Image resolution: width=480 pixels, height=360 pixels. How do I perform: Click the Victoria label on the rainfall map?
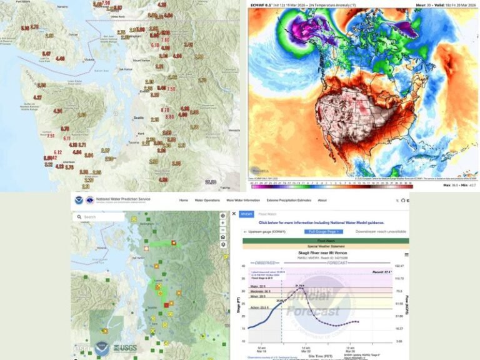click(89, 60)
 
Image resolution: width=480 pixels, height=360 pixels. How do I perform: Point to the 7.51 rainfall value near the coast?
click(51, 136)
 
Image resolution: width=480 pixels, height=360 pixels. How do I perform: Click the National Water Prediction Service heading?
click(122, 199)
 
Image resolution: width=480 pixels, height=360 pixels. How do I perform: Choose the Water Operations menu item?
click(206, 201)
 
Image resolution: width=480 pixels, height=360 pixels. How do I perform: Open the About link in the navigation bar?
click(322, 201)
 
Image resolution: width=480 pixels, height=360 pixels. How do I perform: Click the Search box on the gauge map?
click(100, 217)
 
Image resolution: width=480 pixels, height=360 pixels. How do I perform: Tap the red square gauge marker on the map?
click(167, 305)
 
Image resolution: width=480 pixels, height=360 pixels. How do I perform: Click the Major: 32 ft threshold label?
click(252, 286)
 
